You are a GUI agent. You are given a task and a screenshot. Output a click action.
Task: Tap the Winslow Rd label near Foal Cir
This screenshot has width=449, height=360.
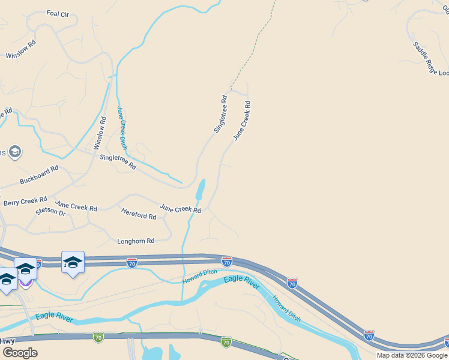click(21, 49)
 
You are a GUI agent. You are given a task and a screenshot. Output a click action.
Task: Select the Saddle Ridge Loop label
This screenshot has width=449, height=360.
click(430, 59)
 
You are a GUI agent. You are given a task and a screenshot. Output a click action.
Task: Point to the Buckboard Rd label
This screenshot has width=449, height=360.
click(39, 174)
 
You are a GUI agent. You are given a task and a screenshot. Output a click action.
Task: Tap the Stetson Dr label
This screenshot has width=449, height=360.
click(50, 212)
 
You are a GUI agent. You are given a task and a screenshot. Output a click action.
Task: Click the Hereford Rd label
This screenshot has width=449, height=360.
click(139, 212)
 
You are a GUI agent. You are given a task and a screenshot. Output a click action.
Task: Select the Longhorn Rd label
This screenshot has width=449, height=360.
click(135, 241)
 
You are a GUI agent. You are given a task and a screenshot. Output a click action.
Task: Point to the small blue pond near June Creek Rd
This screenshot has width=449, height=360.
click(199, 190)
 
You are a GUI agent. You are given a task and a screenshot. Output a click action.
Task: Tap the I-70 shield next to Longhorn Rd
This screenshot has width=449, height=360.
click(132, 262)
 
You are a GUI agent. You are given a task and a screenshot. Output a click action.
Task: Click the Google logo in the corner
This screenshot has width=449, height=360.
click(20, 353)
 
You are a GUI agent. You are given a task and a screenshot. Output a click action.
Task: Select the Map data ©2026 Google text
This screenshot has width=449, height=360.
click(412, 355)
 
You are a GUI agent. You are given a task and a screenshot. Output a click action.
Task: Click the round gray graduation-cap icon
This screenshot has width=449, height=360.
click(15, 152)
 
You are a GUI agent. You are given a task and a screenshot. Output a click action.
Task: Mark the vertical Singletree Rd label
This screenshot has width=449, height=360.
click(220, 114)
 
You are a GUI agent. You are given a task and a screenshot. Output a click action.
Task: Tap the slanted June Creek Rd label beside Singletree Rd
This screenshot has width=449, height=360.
click(241, 121)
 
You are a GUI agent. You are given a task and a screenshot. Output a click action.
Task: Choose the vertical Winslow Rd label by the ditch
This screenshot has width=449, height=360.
click(100, 133)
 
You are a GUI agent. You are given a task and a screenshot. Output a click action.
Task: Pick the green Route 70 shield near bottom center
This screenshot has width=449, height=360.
click(226, 342)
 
